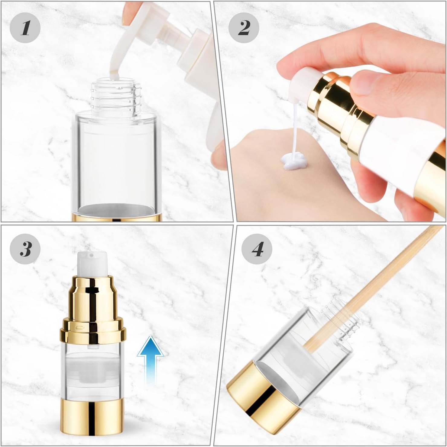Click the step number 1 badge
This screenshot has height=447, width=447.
[x=25, y=28]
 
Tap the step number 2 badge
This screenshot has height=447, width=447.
[x=244, y=28]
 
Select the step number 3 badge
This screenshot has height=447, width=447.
[x=25, y=249]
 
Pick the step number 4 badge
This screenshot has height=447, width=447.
[x=257, y=249]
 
